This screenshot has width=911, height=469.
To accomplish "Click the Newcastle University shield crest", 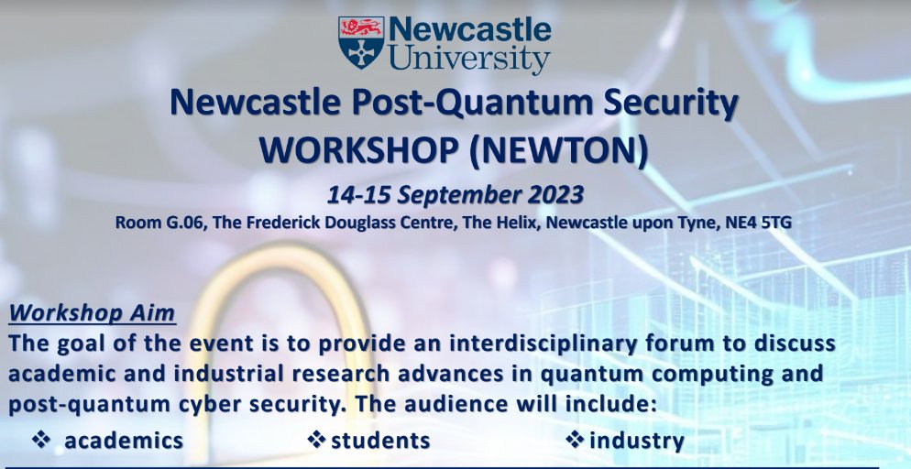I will click(361, 42).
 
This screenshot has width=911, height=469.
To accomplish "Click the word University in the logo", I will click(469, 60).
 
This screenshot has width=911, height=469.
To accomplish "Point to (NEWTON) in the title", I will click(558, 149).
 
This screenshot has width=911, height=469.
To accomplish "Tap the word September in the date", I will click(451, 195).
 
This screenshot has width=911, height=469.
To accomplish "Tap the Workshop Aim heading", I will click(92, 313).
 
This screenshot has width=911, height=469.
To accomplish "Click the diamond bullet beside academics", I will click(40, 441).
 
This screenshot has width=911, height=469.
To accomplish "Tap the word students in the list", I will click(380, 441).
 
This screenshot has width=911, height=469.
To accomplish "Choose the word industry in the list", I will click(637, 441).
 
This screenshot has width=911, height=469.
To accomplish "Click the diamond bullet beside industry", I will click(576, 441).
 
